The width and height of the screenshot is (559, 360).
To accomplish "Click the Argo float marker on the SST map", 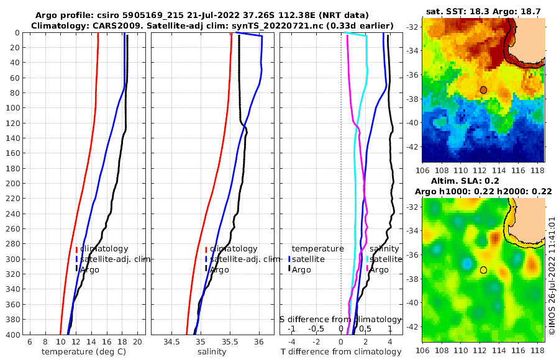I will [483, 90].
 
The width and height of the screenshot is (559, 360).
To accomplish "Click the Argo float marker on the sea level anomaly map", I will [483, 270].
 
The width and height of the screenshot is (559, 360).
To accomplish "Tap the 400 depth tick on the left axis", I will [16, 335].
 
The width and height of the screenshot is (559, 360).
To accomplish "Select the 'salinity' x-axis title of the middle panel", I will [212, 352].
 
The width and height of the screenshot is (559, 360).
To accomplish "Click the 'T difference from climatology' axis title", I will [341, 352].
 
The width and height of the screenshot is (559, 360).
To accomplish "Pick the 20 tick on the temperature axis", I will [138, 341].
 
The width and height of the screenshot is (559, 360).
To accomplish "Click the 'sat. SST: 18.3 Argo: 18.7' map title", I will [484, 11].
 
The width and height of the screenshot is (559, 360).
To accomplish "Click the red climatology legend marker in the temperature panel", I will [76, 249].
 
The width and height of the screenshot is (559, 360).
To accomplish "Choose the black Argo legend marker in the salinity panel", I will [206, 269].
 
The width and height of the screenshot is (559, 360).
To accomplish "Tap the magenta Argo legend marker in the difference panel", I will [367, 269].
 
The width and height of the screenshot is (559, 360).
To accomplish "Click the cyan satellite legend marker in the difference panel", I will [367, 259].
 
